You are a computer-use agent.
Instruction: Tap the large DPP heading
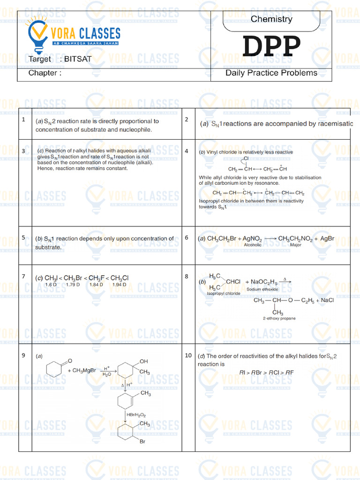tap(271, 47)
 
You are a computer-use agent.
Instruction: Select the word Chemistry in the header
tap(271, 19)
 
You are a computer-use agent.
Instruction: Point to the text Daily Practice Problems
tap(271, 73)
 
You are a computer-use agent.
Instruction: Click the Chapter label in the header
tap(45, 73)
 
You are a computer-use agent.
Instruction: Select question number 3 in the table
tap(23, 151)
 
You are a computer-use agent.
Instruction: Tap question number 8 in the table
tap(187, 277)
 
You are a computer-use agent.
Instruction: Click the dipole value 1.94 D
tap(120, 285)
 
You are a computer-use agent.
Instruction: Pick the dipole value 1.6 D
tap(51, 285)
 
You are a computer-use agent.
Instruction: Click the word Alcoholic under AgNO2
tap(253, 245)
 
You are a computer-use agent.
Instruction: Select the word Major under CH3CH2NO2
tap(296, 245)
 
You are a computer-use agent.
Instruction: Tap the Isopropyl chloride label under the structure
tap(224, 293)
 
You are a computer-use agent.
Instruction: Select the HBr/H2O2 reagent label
tap(136, 415)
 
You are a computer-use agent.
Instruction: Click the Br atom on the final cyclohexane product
tap(142, 441)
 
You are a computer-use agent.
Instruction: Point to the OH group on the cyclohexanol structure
tap(143, 361)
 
